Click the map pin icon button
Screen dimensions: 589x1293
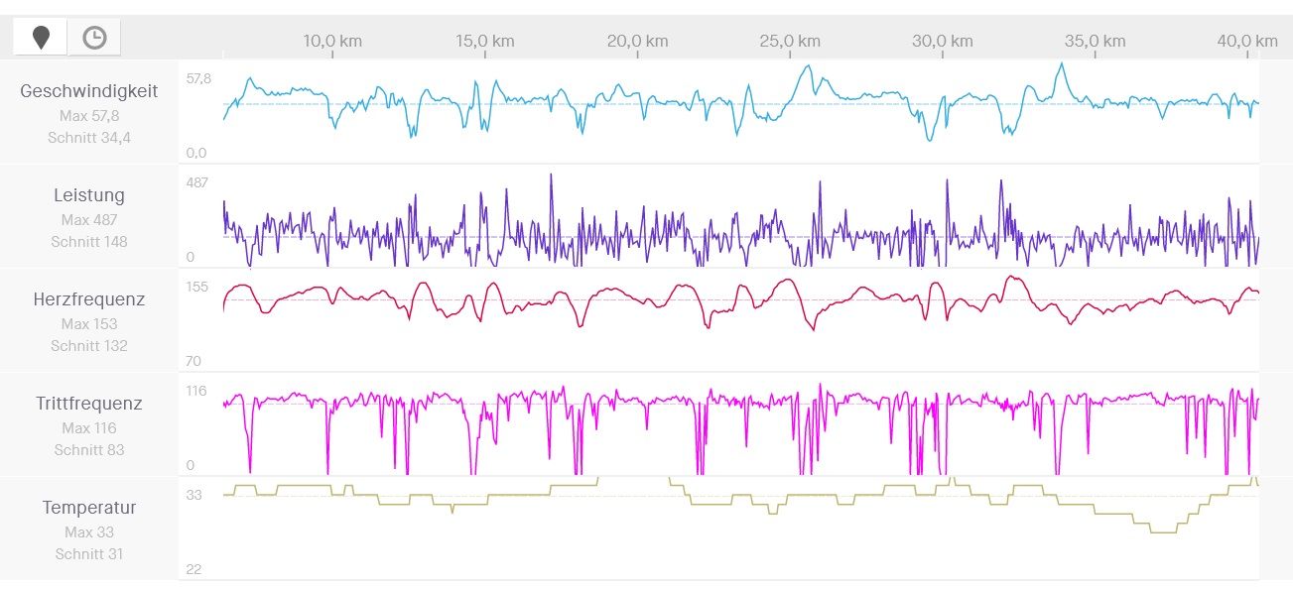point(41,38)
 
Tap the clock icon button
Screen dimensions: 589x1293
point(94,38)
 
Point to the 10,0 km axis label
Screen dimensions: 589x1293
point(332,41)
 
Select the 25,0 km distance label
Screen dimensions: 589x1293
point(790,41)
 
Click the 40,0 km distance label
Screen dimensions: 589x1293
point(1247,41)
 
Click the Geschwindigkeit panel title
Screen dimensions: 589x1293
point(89,91)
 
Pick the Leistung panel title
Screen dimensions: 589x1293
point(89,195)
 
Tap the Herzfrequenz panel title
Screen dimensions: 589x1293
point(89,299)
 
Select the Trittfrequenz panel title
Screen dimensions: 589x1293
point(89,404)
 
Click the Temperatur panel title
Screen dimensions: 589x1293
point(89,508)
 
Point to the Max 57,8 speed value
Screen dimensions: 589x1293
point(89,115)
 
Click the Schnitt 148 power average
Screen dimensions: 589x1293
point(89,242)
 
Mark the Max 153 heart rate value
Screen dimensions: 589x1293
point(89,323)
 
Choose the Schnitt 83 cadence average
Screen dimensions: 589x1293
point(89,450)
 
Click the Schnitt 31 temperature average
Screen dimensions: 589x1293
point(89,554)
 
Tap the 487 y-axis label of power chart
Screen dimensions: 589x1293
point(197,182)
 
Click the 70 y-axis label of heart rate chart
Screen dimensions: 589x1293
point(194,362)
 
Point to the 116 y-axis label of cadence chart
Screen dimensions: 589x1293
point(196,391)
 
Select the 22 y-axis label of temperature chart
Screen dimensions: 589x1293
point(194,570)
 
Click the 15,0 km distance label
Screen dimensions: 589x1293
point(485,41)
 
